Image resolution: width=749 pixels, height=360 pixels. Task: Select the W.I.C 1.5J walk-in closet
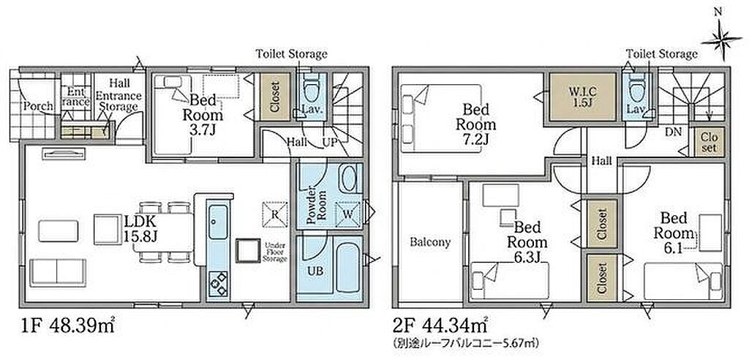pos(581,97)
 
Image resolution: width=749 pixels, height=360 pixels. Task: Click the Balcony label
pos(430,242)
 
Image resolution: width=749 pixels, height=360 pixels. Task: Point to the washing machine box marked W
pos(347,214)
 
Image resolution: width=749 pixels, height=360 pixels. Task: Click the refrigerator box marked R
pos(275,214)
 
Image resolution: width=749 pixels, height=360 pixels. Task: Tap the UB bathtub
pos(347,267)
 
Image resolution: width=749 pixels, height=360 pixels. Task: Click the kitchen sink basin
pos(218,222)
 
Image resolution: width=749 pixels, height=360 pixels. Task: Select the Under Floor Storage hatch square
pos(247,250)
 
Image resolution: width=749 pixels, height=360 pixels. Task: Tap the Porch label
pos(39,105)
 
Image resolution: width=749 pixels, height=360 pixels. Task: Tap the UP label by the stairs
pos(330,142)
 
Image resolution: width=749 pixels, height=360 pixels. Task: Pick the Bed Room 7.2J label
pos(475,124)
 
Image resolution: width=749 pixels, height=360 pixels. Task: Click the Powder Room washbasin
pos(349,179)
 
